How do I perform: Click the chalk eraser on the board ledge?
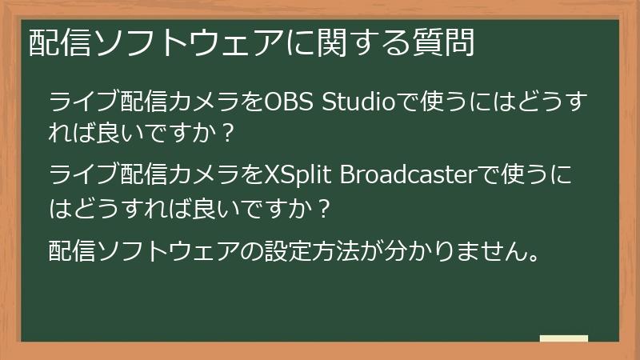(x=563, y=338)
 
